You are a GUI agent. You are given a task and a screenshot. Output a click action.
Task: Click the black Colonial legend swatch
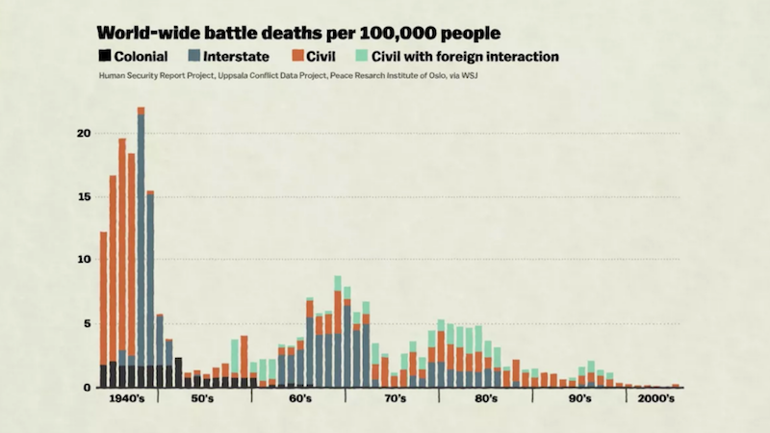pos(105,57)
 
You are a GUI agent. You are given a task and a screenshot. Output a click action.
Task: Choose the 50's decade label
pos(203,398)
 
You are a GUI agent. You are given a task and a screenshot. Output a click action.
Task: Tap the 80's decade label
pos(486,398)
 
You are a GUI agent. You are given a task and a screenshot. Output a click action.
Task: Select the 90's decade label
pos(579,398)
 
